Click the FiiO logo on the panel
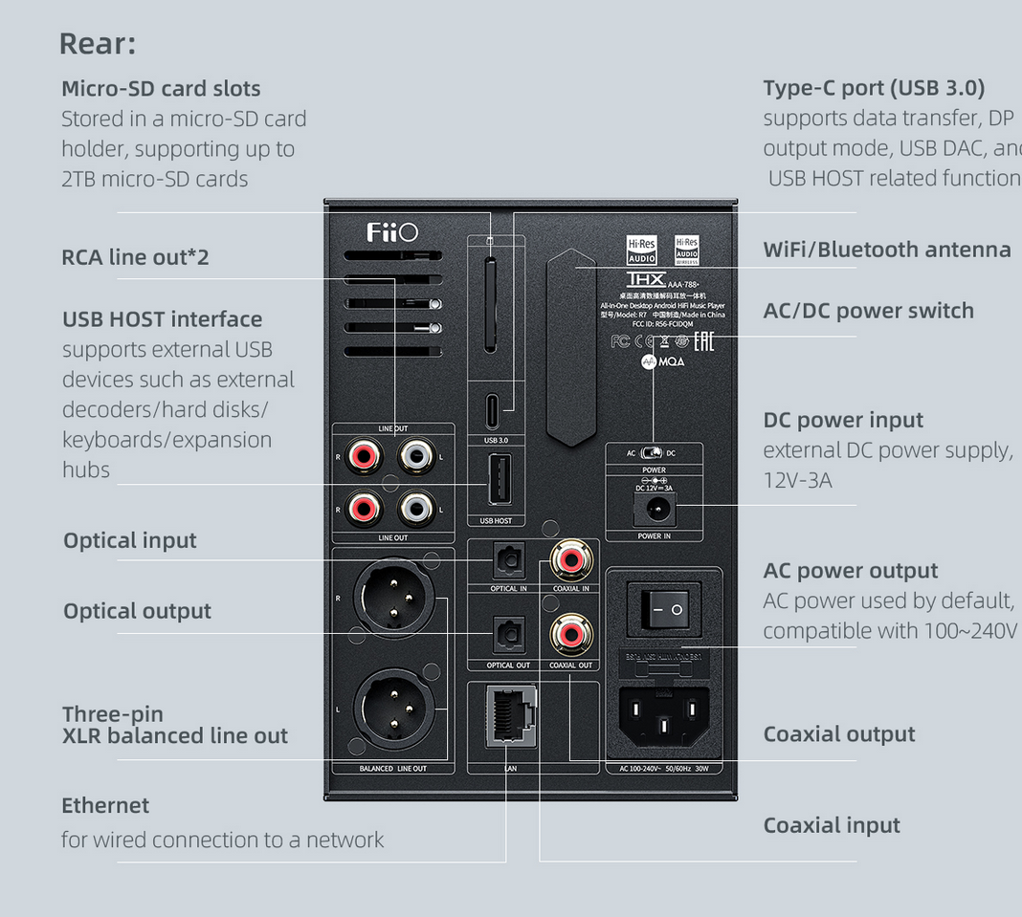click(x=392, y=232)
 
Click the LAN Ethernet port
click(x=509, y=716)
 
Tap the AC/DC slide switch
click(x=654, y=452)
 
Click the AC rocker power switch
click(x=664, y=607)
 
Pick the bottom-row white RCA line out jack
click(x=417, y=507)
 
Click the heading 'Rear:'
click(x=98, y=43)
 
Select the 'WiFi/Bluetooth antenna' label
click(x=887, y=250)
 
